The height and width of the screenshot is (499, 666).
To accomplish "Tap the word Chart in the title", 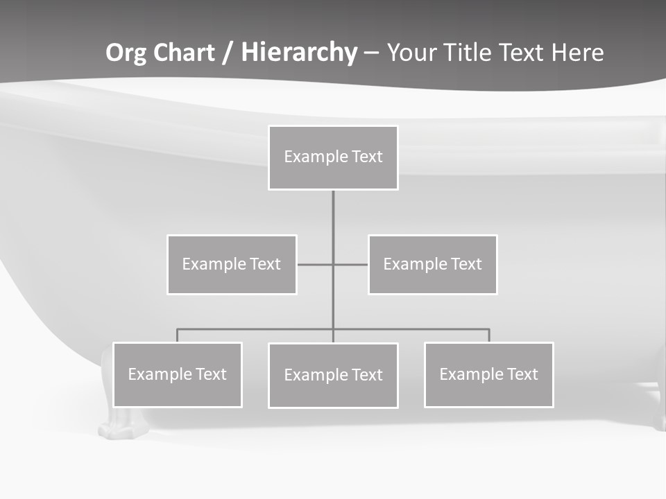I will point(182,53).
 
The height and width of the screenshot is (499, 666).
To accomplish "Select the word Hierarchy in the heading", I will point(299,53).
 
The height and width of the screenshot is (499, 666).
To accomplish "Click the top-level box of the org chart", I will point(333,157).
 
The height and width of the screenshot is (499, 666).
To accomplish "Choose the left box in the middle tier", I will point(232,264).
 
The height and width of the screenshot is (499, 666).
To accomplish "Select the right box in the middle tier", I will point(432,264).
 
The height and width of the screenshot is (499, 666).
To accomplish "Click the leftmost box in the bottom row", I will point(177,374).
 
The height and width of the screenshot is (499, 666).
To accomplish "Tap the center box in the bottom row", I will point(333,375).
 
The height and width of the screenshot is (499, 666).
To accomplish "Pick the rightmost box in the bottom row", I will point(488,374).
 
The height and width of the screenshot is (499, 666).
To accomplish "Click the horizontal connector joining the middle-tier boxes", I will point(316,264).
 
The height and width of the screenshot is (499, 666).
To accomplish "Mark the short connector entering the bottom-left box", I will point(177,335).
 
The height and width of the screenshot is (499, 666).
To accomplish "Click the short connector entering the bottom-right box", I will point(489,335).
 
